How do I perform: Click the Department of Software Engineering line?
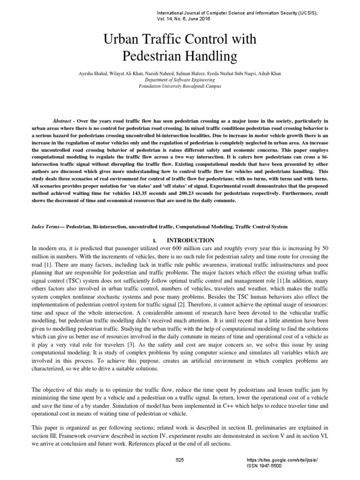(180, 80)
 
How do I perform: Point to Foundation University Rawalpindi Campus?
(180, 86)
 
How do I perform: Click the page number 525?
(180, 459)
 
